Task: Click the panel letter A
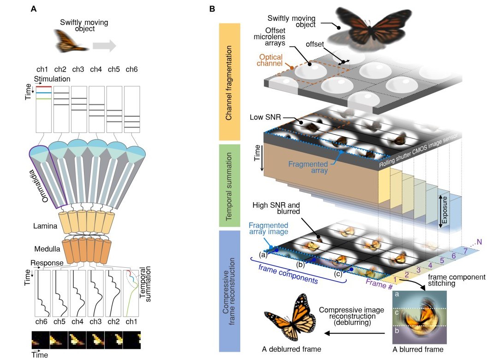click(34, 9)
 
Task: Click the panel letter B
click(212, 9)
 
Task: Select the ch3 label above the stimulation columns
click(78, 70)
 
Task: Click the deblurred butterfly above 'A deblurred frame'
click(291, 318)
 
